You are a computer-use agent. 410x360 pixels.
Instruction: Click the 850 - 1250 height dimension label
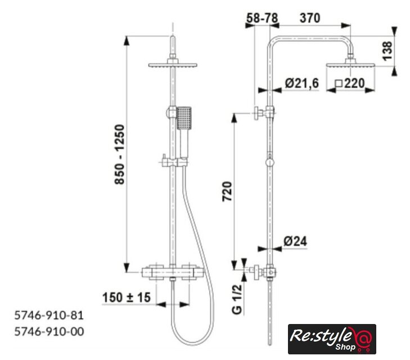point(120,154)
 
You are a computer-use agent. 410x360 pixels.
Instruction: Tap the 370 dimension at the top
point(309,19)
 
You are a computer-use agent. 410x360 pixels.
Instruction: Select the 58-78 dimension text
point(262,19)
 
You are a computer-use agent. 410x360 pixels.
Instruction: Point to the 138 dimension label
point(388,51)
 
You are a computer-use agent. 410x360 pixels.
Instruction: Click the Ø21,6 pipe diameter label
point(302,83)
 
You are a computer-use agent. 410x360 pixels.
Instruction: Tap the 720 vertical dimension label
point(227,191)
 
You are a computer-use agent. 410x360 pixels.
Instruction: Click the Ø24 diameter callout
point(295,241)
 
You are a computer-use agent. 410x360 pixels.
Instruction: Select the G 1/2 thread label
point(237,299)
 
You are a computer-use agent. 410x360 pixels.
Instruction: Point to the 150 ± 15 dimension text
point(127,298)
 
